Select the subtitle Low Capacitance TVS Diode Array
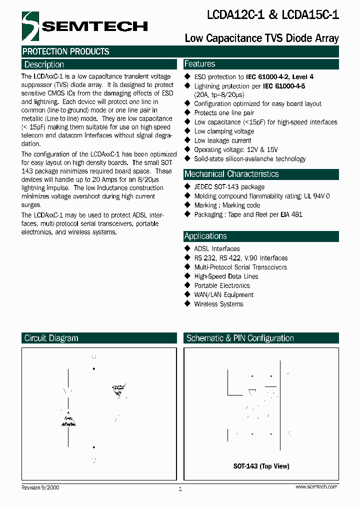pyautogui.click(x=261, y=38)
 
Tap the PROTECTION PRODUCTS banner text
pyautogui.click(x=65, y=51)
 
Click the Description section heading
pyautogui.click(x=44, y=64)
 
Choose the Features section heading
pyautogui.click(x=199, y=64)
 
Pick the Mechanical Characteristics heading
pyautogui.click(x=231, y=174)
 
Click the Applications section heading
pyautogui.click(x=205, y=236)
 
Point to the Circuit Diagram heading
pyautogui.click(x=51, y=338)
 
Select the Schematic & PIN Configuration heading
pyautogui.click(x=240, y=338)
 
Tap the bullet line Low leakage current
pyautogui.click(x=222, y=140)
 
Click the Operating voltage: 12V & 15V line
pyautogui.click(x=235, y=149)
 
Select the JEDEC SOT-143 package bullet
pyautogui.click(x=229, y=187)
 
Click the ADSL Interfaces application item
pyautogui.click(x=217, y=248)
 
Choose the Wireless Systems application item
pyautogui.click(x=218, y=304)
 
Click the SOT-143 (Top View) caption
pyautogui.click(x=261, y=466)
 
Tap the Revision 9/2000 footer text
pyautogui.click(x=40, y=487)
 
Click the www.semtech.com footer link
pyautogui.click(x=316, y=486)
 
